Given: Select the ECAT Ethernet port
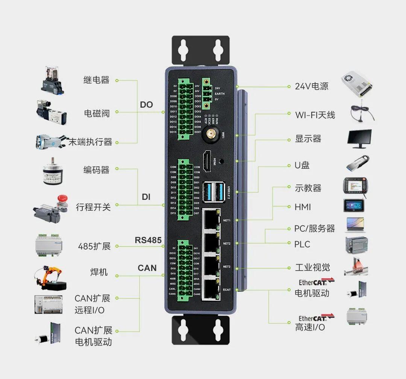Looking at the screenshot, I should (212, 289).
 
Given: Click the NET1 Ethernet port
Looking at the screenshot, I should (212, 219).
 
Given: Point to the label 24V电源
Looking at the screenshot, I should (311, 86).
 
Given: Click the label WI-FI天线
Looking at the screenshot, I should (315, 115).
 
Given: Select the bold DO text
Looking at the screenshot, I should (146, 105).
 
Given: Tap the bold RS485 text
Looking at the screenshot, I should (148, 240).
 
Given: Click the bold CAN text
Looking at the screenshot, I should (147, 268).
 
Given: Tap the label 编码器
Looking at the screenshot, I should (96, 170).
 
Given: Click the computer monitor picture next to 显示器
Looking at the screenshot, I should (359, 139).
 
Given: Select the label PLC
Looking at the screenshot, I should (302, 245).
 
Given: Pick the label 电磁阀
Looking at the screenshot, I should (97, 113).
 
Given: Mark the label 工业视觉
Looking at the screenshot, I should (312, 268).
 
